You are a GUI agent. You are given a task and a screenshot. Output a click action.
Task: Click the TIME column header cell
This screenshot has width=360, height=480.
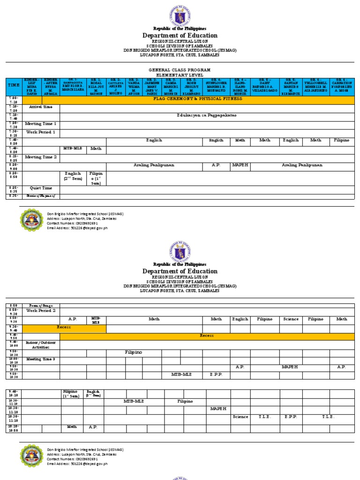(x=14, y=85)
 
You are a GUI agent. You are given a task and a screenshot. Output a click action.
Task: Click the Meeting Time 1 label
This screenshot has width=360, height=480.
(x=41, y=124)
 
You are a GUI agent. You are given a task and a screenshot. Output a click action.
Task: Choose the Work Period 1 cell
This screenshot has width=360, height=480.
(x=41, y=132)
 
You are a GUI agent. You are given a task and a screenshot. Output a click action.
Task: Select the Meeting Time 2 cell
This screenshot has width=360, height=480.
(x=41, y=157)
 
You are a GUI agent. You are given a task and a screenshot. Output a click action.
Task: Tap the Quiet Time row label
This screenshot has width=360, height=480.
(x=41, y=188)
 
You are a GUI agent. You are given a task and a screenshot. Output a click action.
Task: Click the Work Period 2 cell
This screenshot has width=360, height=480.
(x=41, y=310)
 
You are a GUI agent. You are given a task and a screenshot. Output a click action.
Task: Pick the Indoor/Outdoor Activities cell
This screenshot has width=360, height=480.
(x=41, y=345)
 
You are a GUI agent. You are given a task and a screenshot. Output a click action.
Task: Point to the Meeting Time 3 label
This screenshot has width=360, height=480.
(x=41, y=359)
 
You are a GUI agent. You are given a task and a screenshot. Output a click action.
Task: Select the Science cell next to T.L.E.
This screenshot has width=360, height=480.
(x=240, y=417)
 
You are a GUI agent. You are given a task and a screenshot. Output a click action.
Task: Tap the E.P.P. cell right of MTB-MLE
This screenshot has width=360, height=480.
(x=216, y=375)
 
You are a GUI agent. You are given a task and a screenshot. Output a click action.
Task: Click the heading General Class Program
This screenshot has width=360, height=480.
(x=180, y=69)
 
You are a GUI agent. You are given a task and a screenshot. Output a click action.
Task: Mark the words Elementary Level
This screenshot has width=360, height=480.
(x=180, y=74)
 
